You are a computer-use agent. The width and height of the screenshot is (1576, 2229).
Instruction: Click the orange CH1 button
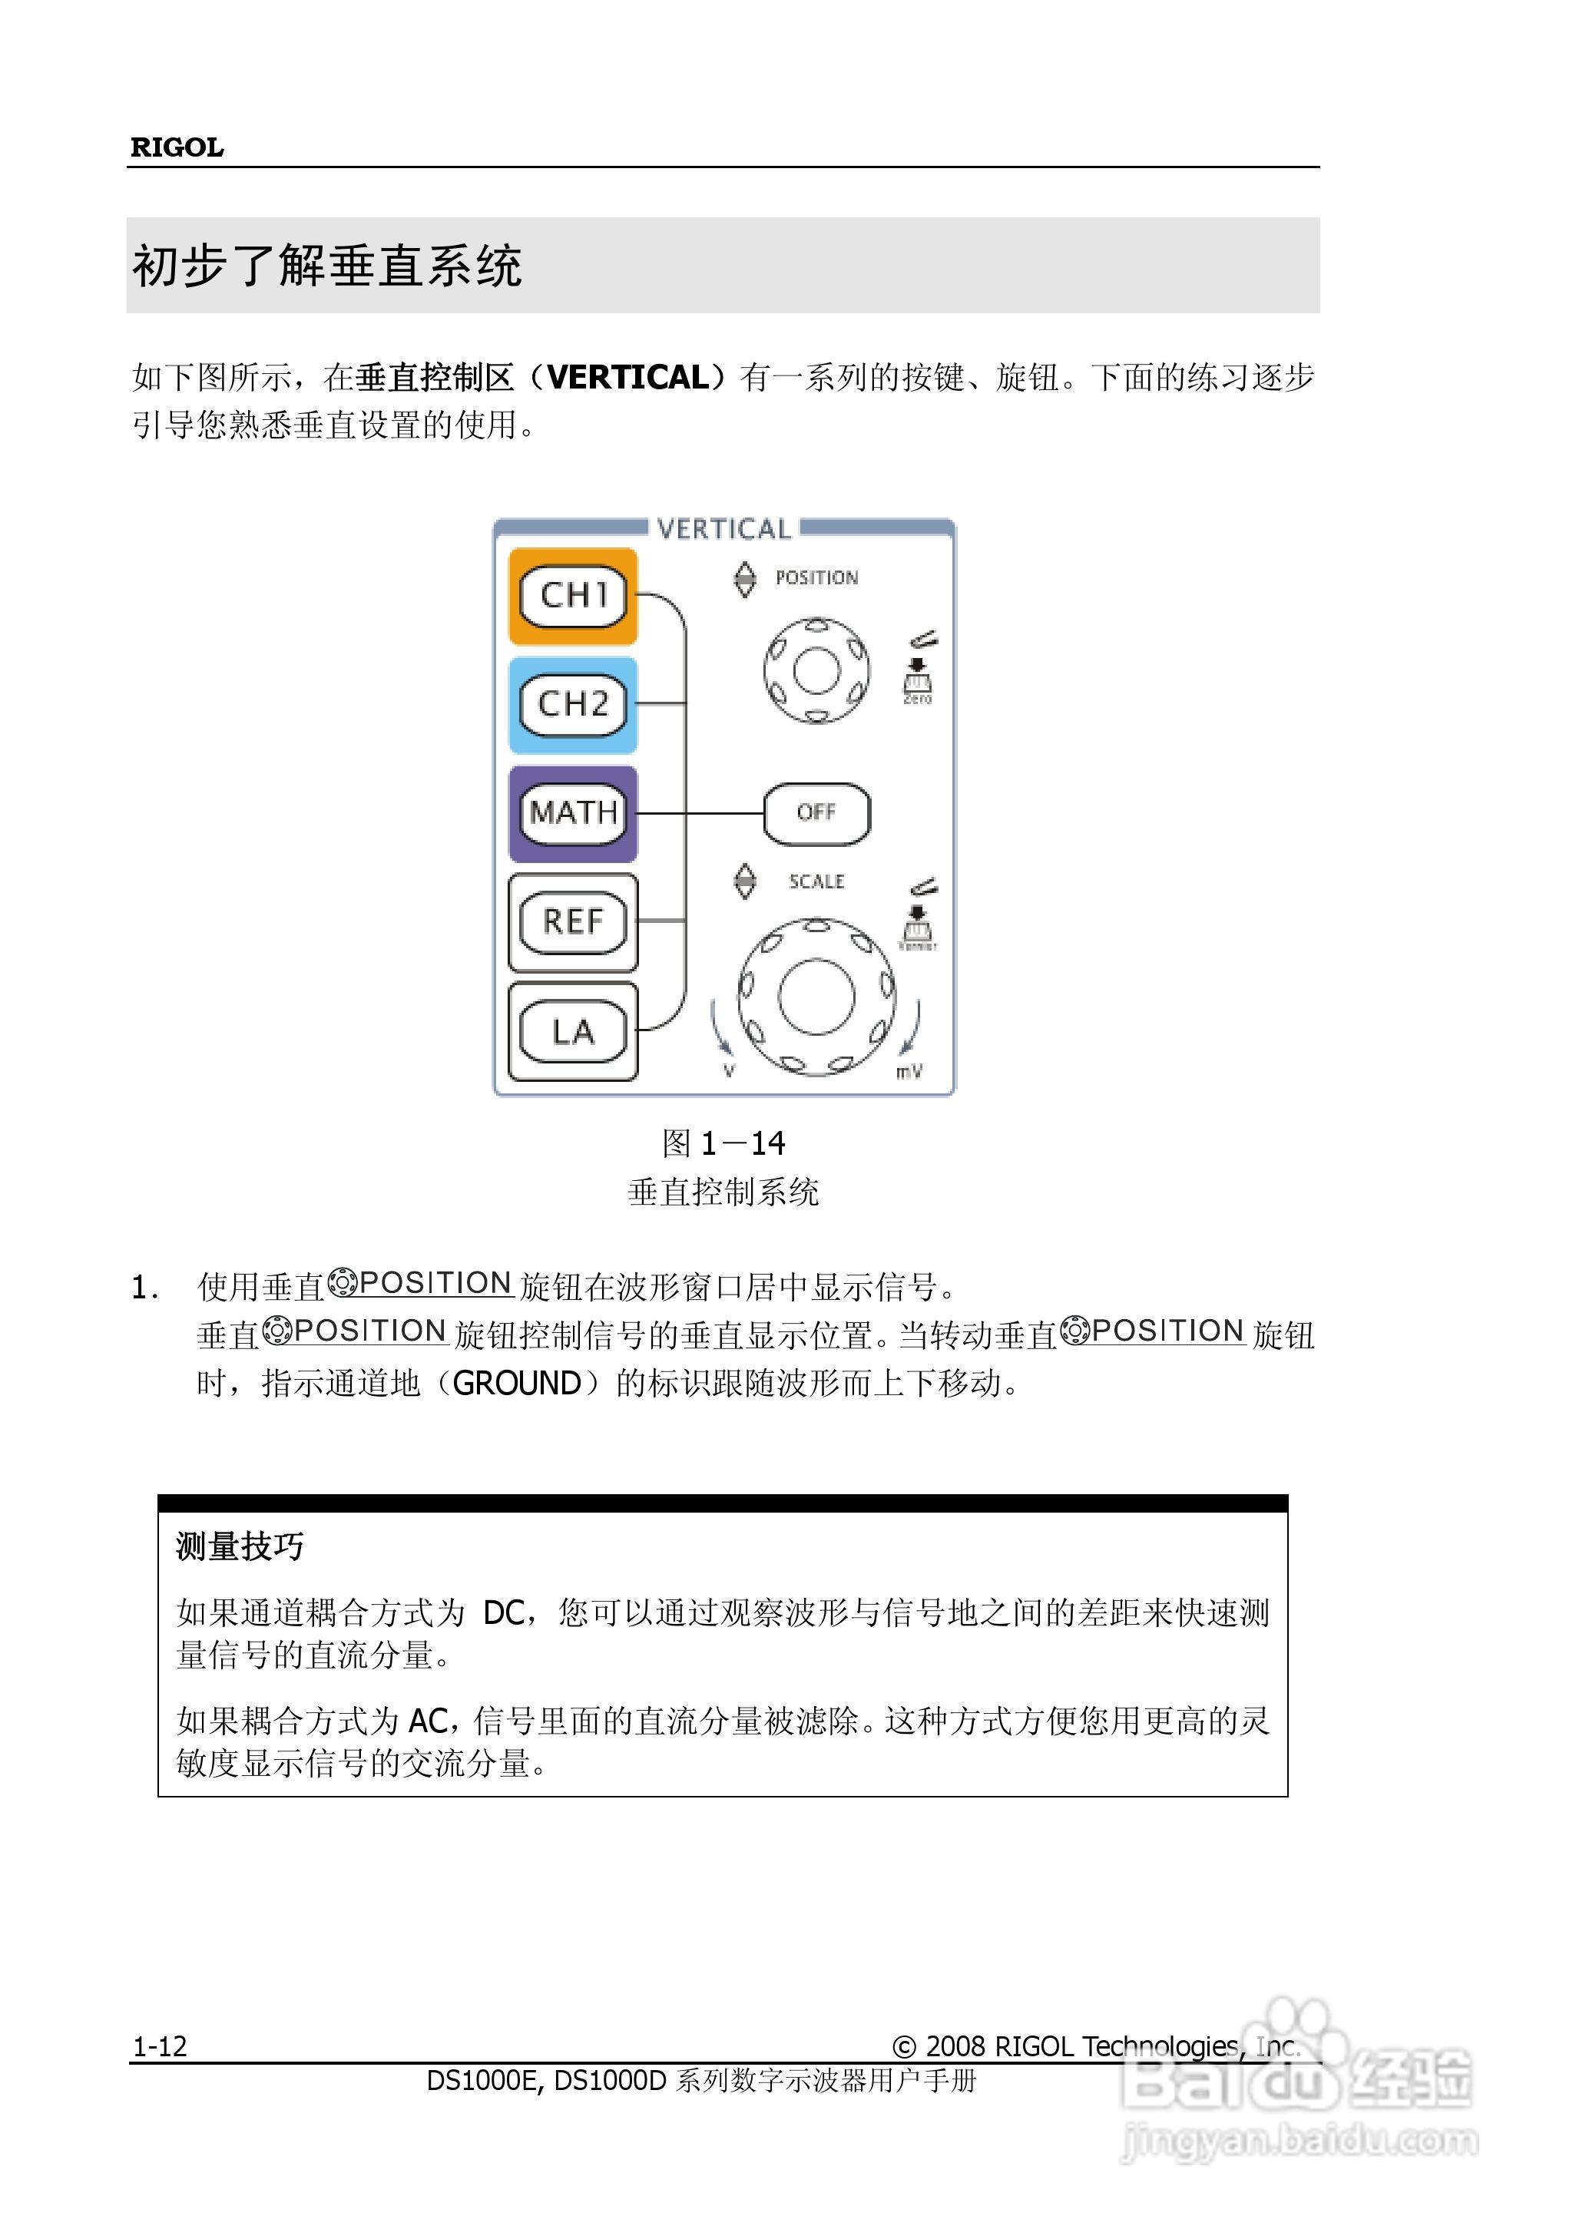(573, 595)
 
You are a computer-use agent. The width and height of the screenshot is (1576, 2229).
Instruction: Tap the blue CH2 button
(573, 704)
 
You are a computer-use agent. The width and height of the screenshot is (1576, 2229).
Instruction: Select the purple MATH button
(573, 812)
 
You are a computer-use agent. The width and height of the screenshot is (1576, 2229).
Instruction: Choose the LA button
(573, 1031)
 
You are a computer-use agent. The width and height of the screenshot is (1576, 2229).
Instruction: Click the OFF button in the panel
(816, 812)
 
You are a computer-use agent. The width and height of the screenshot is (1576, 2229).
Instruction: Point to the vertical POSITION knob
(816, 670)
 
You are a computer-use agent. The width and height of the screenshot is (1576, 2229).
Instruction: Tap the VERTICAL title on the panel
(723, 529)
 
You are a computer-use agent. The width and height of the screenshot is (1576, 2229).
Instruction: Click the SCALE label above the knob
(816, 881)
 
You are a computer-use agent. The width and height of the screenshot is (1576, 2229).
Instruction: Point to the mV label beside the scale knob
(909, 1072)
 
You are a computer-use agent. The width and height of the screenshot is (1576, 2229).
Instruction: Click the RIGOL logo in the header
(177, 147)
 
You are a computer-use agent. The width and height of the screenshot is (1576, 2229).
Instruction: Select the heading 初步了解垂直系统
(327, 265)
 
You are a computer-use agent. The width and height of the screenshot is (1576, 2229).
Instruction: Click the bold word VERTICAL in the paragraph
(628, 377)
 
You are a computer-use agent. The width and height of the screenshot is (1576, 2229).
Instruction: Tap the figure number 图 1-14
(723, 1143)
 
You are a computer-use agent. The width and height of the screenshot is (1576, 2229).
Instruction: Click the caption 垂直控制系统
(723, 1191)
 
